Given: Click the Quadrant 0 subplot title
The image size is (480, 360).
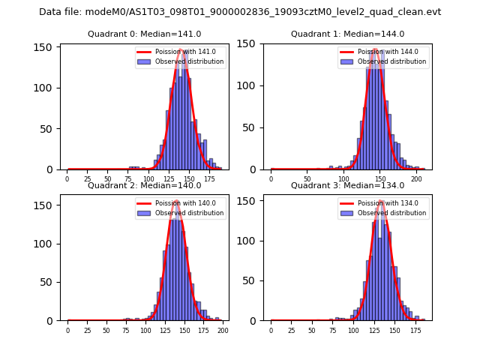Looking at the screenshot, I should (145, 34).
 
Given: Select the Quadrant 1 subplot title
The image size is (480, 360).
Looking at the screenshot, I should (348, 34).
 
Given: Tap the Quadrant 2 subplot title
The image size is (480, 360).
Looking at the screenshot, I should (145, 185).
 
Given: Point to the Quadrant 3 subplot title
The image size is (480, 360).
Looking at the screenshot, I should (348, 185).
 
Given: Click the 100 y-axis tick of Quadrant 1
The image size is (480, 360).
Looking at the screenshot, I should (253, 88).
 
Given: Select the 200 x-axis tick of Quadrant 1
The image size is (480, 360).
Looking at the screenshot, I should (416, 179).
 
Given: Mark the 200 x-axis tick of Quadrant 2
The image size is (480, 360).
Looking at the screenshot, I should (223, 330).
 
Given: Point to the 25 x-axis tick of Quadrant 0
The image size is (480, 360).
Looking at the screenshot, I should (87, 179).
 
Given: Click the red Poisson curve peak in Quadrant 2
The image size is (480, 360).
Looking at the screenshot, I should (176, 201).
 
